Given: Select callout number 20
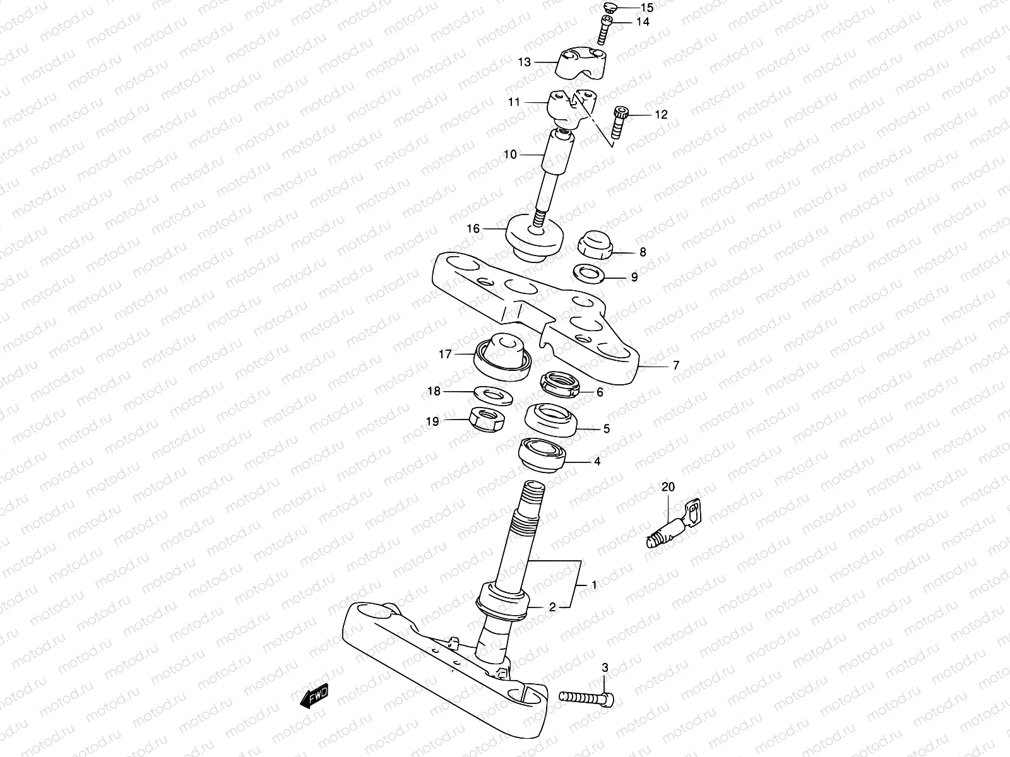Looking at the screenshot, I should (668, 487).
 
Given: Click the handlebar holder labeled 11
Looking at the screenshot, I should (571, 107).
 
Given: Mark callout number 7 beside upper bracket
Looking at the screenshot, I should (675, 365).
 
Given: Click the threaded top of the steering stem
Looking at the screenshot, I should (532, 491).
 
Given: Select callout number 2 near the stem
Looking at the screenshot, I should (552, 607).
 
